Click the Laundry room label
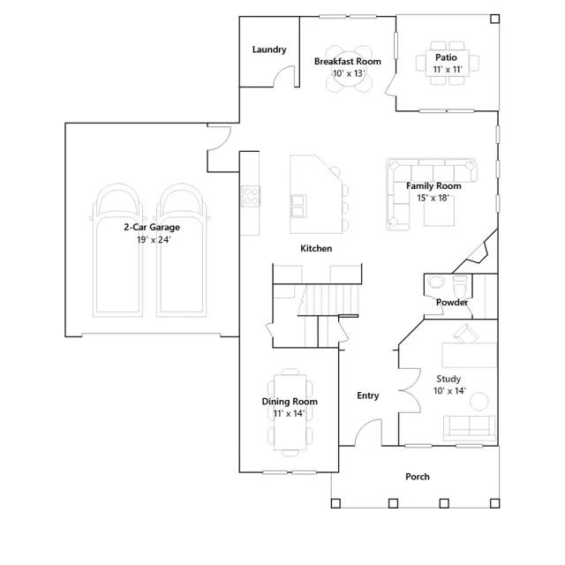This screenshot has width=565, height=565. click(x=269, y=49)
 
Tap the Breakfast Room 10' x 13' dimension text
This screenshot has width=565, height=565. click(x=349, y=73)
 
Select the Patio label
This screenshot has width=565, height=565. click(x=446, y=57)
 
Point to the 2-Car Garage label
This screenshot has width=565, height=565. click(x=152, y=228)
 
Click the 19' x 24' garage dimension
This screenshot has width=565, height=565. click(x=154, y=239)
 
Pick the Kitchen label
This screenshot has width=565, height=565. click(x=316, y=248)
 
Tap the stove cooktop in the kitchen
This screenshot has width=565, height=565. click(x=250, y=196)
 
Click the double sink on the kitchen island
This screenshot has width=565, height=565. click(x=298, y=206)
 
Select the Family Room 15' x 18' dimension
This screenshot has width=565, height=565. click(x=433, y=198)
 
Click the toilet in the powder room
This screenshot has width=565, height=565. click(x=459, y=285)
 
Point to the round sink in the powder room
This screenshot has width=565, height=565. click(x=435, y=282)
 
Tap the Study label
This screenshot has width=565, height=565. click(x=448, y=379)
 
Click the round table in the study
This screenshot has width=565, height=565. click(x=479, y=401)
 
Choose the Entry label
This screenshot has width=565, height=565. click(x=368, y=395)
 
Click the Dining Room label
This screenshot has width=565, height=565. click(x=290, y=402)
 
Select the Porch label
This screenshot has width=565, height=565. click(x=418, y=477)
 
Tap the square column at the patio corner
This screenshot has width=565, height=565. click(x=495, y=19)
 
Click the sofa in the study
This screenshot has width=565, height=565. click(x=469, y=428)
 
